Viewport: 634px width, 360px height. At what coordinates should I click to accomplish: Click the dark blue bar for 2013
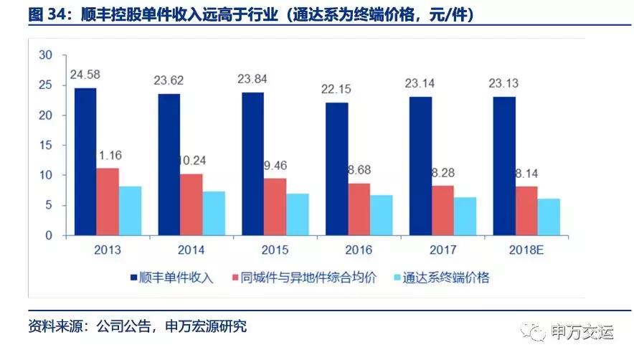85,161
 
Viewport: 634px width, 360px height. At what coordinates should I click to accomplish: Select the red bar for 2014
192,204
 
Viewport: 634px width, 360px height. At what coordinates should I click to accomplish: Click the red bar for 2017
443,210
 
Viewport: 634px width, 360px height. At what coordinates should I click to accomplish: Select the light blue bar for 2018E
549,217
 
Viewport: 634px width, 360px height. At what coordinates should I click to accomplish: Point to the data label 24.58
85,74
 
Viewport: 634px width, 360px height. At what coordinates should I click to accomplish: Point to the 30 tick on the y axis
46,55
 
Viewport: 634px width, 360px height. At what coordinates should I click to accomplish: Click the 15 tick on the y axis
46,146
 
